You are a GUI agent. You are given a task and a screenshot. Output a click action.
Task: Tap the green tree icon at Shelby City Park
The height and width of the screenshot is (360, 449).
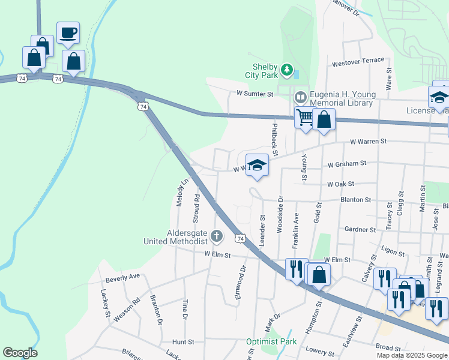pos(287,71)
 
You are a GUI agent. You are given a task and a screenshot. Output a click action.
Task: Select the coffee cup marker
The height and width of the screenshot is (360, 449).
pos(68,33)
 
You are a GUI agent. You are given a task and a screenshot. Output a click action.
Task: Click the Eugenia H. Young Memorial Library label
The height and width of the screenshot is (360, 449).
pos(342,99)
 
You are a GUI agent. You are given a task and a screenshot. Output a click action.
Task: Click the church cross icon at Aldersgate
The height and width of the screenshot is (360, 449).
pos(217,236)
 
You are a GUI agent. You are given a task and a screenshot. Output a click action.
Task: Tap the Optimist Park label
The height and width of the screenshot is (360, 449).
pos(271,341)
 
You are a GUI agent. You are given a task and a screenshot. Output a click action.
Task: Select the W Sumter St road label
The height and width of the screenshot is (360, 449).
pos(255,94)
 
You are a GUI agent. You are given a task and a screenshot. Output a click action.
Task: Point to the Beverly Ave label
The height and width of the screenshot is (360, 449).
pos(122,277)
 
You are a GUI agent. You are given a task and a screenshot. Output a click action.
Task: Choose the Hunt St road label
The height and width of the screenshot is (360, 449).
pos(183,341)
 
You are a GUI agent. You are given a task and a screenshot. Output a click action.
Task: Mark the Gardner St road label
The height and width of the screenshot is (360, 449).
pos(360,229)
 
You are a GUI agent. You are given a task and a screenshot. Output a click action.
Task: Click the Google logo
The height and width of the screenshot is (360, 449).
pos(20,353)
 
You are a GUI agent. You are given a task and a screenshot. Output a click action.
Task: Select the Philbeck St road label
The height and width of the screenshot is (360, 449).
pos(274,139)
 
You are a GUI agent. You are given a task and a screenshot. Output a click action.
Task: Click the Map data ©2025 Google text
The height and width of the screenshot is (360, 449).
pos(412,355)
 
